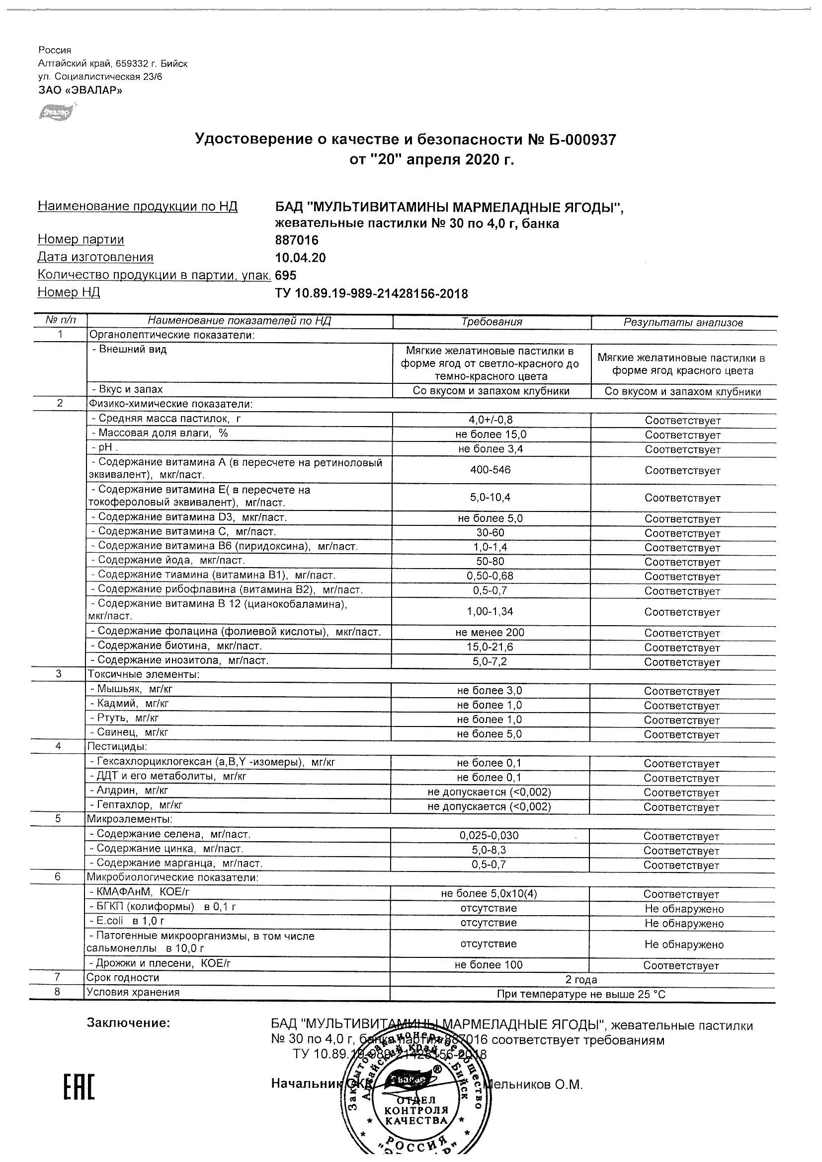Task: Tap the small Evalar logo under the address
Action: point(56,112)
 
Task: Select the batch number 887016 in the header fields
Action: point(297,240)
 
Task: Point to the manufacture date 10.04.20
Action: point(300,258)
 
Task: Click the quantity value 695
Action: point(286,275)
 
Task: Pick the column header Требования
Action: point(492,322)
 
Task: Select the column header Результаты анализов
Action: point(683,322)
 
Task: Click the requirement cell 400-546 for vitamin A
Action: point(490,470)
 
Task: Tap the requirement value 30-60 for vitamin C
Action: point(490,532)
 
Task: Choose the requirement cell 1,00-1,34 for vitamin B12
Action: point(490,611)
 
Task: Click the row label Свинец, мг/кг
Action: point(129,732)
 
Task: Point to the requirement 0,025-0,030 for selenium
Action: point(489,836)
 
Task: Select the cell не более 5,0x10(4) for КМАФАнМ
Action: point(489,894)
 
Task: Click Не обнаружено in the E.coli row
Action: point(684,924)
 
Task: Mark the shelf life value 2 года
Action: point(582,980)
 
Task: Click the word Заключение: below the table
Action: point(128,1023)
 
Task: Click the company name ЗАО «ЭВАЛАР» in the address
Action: point(80,90)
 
